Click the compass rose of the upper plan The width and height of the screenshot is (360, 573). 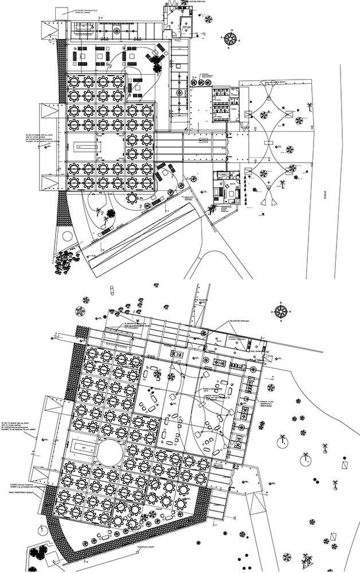232,39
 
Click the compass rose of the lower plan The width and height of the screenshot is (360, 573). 281,312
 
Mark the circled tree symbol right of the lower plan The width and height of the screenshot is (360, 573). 281,442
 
